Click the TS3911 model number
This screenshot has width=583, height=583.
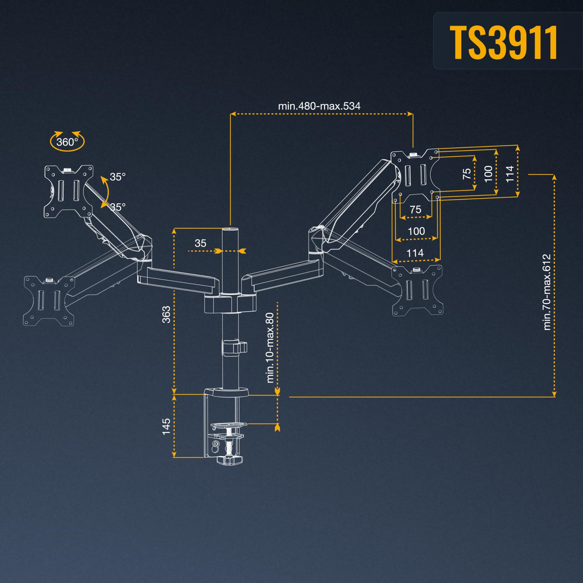tap(503, 42)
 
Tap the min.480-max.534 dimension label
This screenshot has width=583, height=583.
tap(319, 106)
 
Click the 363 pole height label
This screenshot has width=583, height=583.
tap(166, 315)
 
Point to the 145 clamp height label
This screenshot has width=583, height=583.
tap(166, 426)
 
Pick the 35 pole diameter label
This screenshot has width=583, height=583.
tap(200, 243)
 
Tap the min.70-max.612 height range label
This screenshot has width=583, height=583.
tap(547, 292)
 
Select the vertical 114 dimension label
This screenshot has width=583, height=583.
tap(509, 174)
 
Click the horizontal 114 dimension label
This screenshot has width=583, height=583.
tap(415, 253)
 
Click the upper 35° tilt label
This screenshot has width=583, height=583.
tap(117, 177)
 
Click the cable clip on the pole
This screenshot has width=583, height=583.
tap(235, 347)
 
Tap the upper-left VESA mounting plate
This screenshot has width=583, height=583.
tap(69, 191)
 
